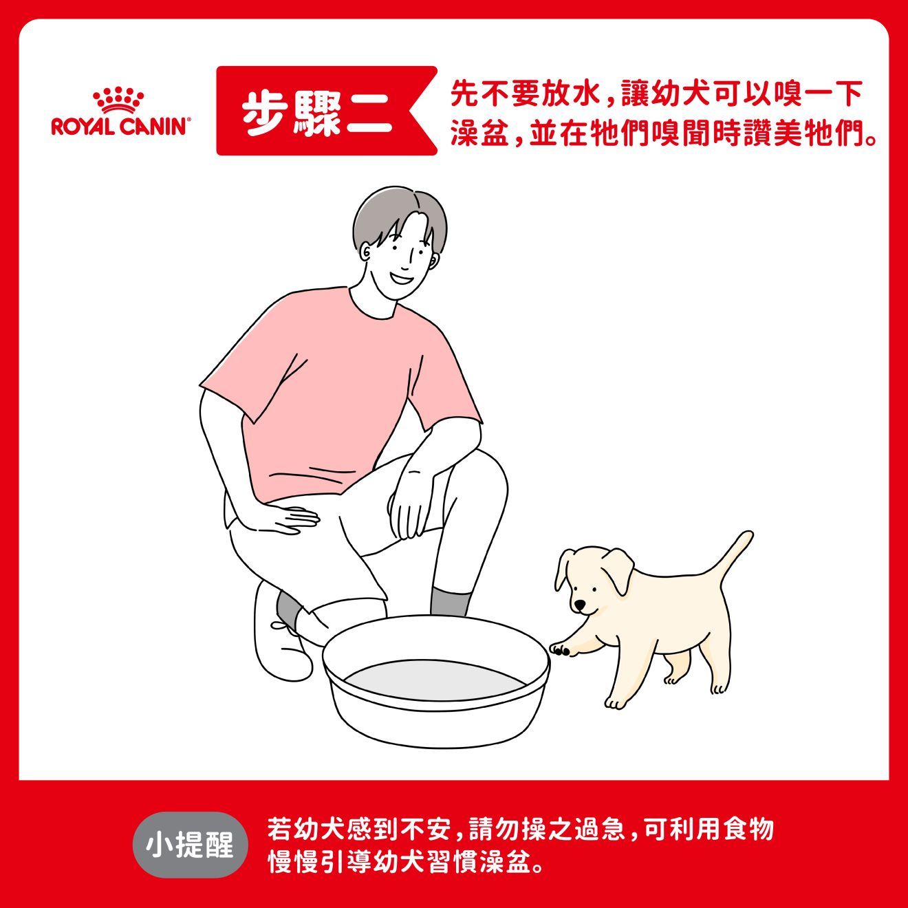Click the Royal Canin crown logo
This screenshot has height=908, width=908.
pyautogui.click(x=118, y=100)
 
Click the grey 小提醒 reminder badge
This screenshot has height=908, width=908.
pyautogui.click(x=190, y=845)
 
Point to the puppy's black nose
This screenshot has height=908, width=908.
pyautogui.click(x=579, y=605)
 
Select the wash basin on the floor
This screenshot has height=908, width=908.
pyautogui.click(x=436, y=682)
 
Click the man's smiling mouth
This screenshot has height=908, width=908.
pyautogui.click(x=401, y=277)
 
